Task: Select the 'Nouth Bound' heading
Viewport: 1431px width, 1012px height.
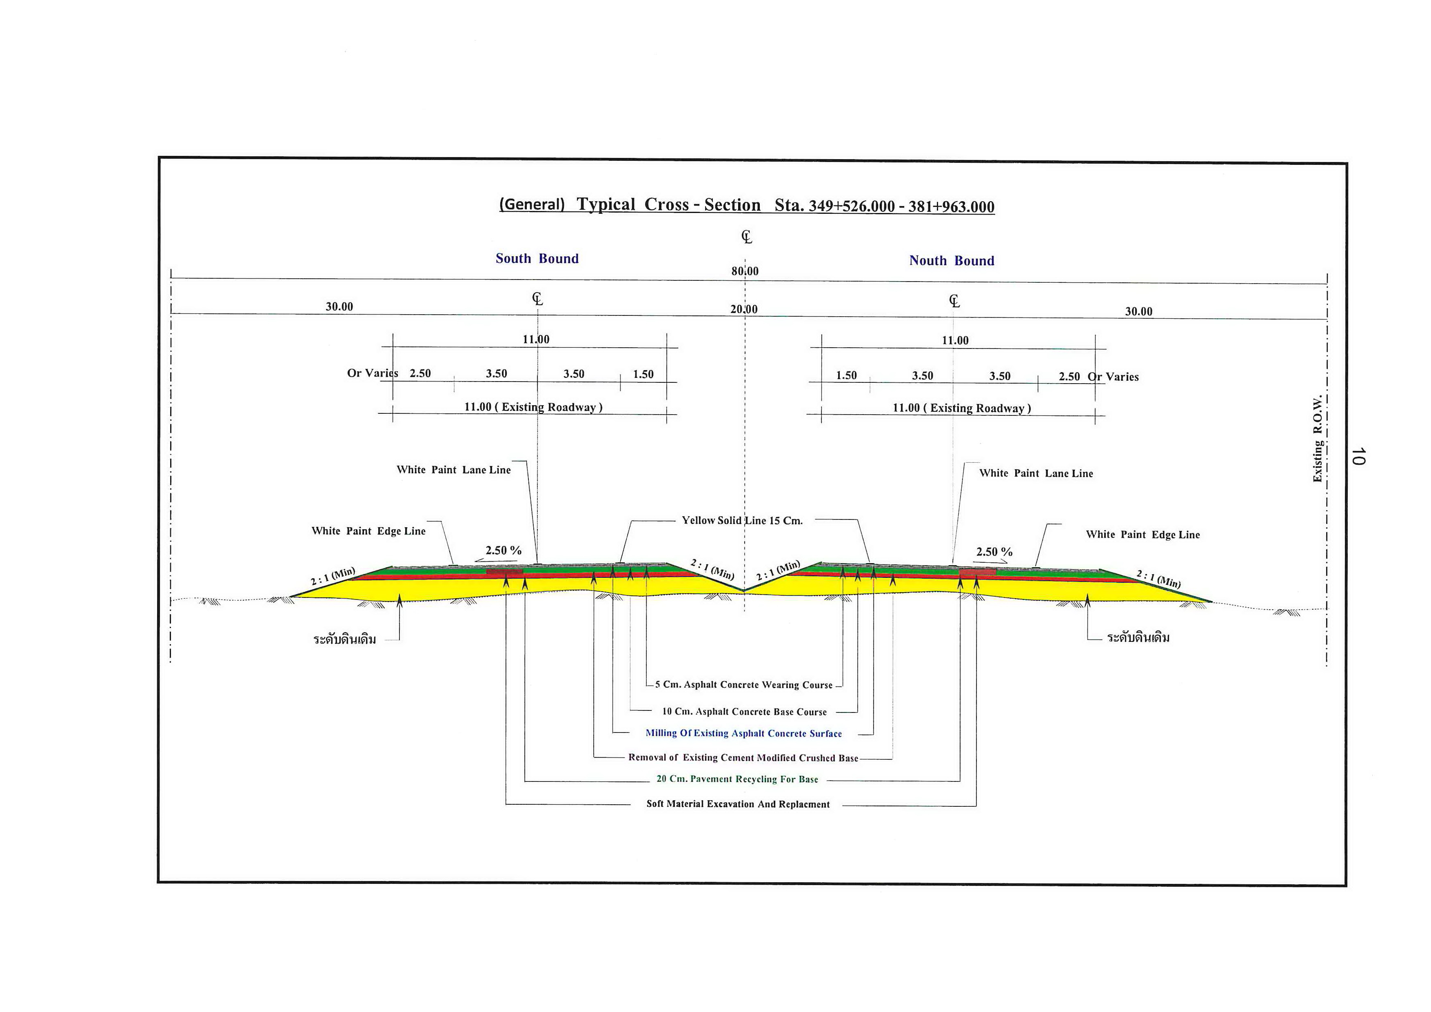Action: (x=952, y=260)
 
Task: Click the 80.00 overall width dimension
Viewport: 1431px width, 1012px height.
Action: (x=745, y=271)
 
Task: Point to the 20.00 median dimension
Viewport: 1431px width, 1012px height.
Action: (x=744, y=309)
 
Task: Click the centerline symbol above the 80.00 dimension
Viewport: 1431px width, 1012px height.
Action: (x=747, y=237)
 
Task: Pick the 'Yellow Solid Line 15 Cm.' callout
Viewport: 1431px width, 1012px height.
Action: (x=742, y=520)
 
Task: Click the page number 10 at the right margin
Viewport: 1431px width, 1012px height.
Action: (x=1358, y=456)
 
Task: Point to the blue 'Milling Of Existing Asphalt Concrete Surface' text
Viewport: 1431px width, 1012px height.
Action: (x=743, y=733)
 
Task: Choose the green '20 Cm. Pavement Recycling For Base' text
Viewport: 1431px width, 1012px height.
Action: (x=737, y=779)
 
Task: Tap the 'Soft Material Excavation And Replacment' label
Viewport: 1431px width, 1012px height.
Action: (x=738, y=804)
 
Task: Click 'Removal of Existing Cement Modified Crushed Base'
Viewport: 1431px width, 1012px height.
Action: (x=743, y=758)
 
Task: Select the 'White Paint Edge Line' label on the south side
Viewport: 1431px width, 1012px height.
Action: (x=368, y=531)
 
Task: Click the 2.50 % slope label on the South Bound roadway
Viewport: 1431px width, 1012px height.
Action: (x=504, y=550)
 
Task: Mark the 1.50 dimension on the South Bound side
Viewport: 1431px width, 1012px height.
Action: (x=643, y=374)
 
